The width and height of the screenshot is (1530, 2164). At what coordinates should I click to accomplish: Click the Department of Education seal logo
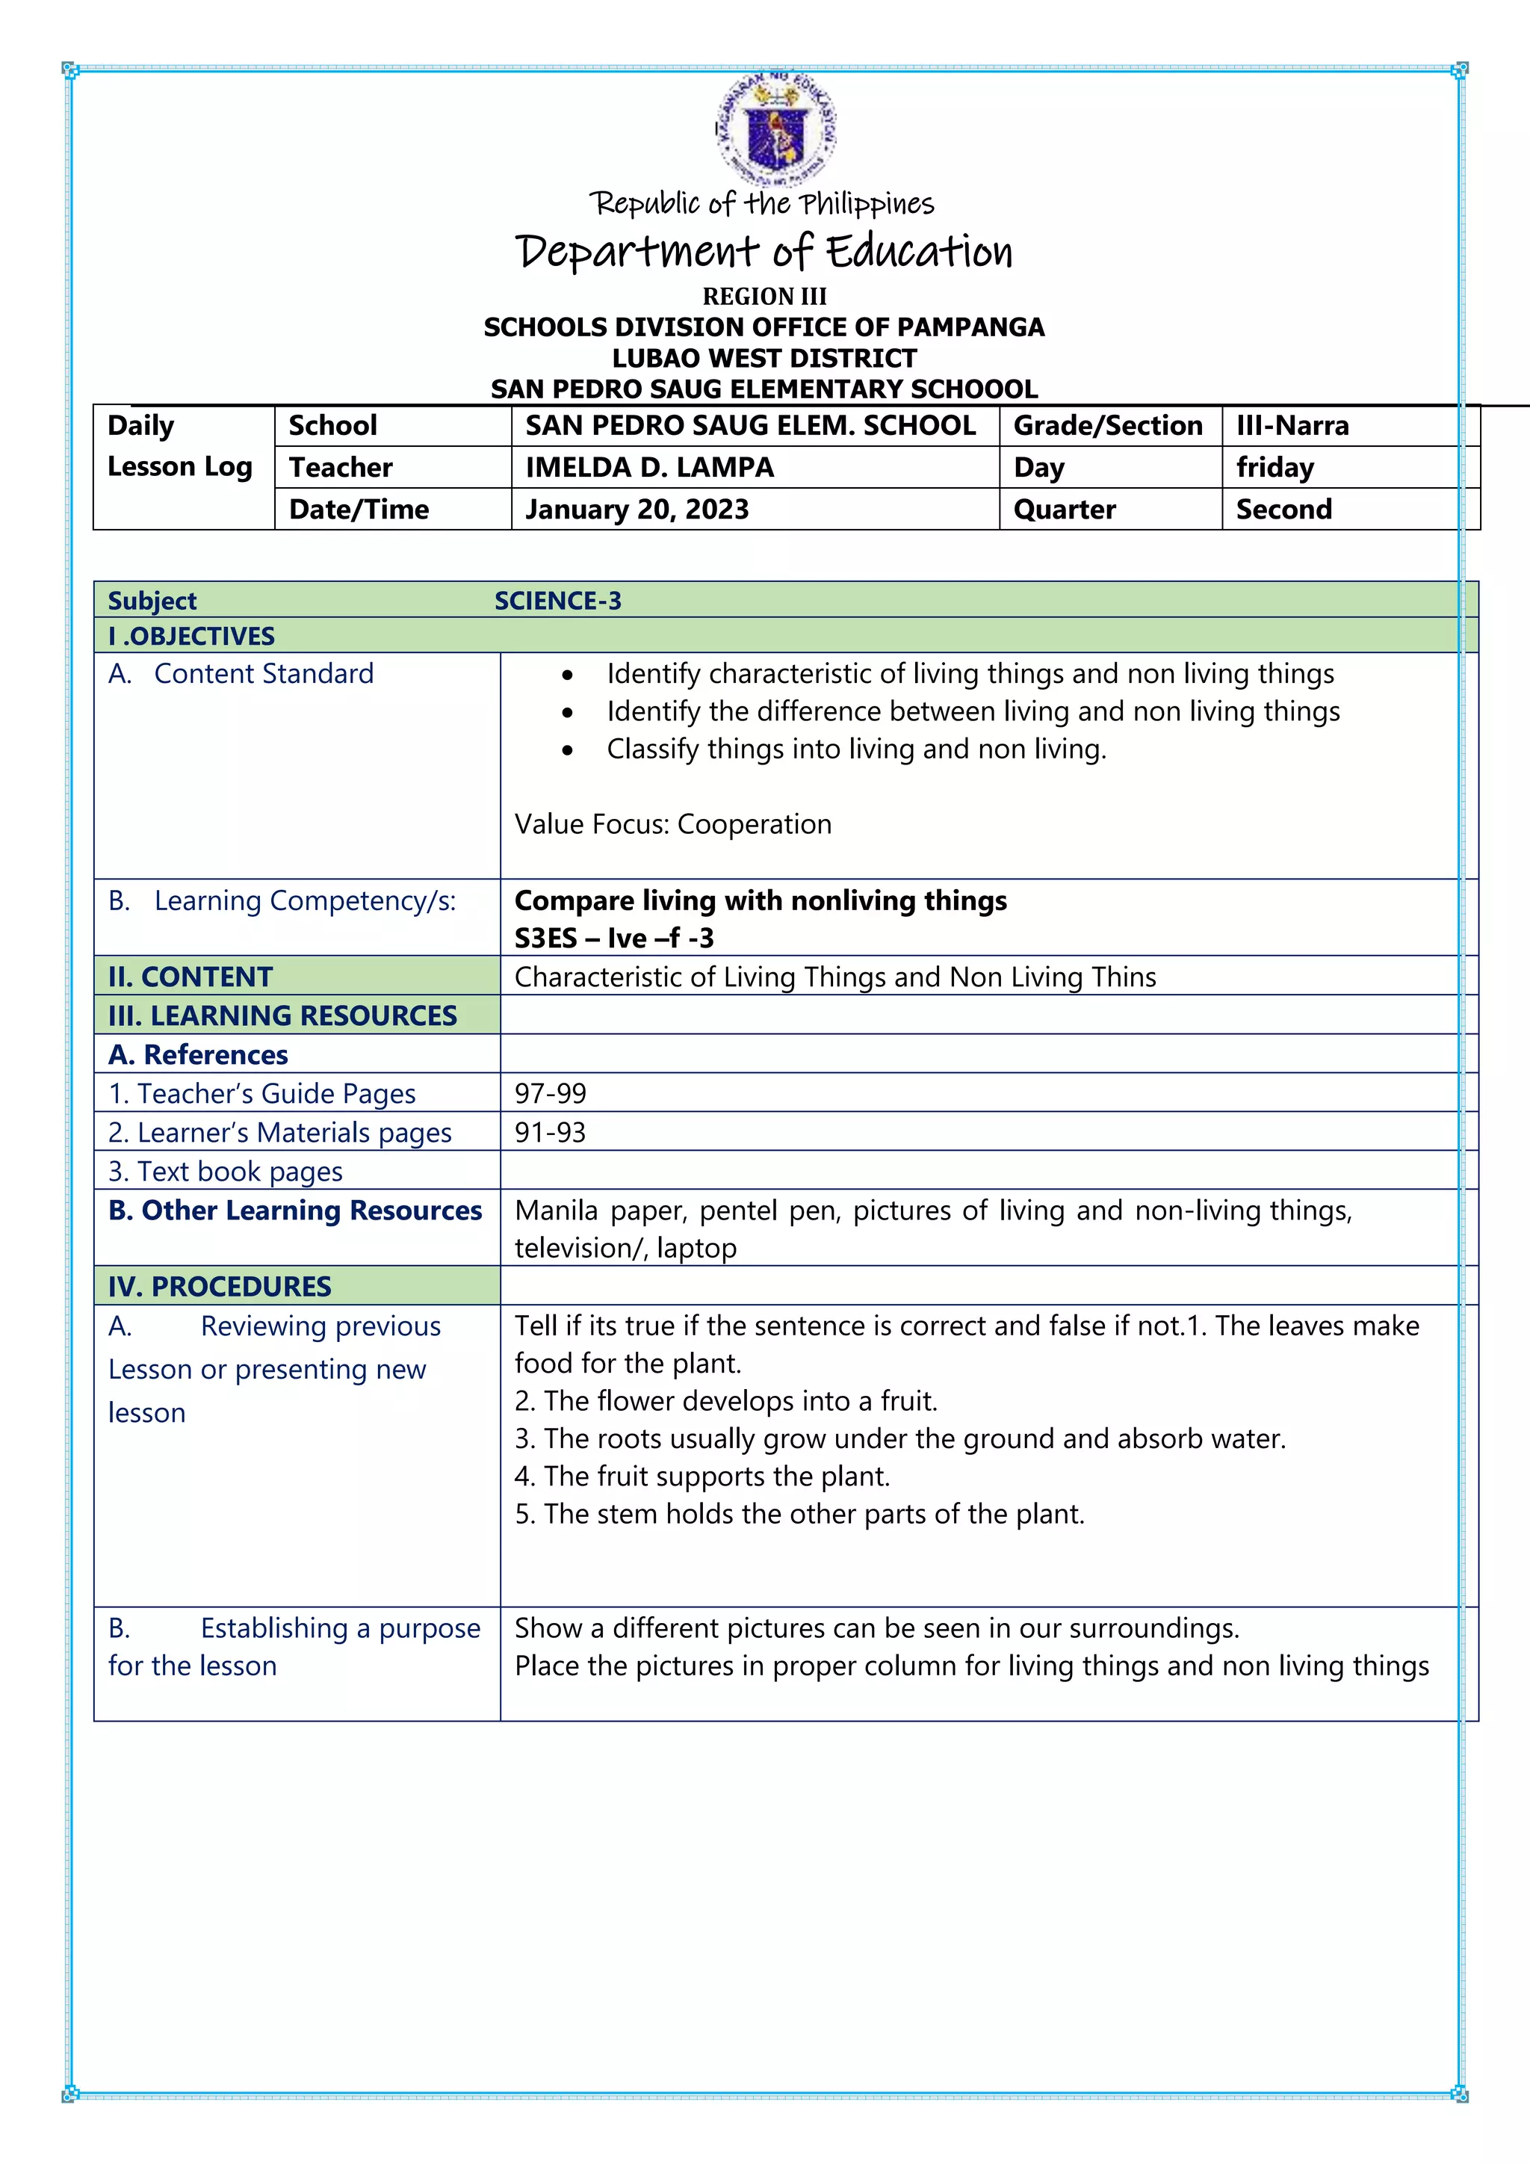click(x=775, y=129)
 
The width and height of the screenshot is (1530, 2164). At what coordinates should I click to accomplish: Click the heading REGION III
click(x=764, y=297)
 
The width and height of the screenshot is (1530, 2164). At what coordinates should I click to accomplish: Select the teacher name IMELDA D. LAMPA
click(x=649, y=468)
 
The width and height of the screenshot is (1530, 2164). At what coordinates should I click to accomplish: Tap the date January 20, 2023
click(x=637, y=509)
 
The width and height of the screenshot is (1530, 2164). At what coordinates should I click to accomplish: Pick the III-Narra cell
click(x=1292, y=426)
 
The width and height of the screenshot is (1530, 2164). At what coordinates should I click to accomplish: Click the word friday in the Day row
click(x=1275, y=468)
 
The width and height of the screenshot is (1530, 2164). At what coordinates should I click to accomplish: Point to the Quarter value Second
click(x=1283, y=509)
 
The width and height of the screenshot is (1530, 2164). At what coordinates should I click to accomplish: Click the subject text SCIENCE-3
click(x=558, y=602)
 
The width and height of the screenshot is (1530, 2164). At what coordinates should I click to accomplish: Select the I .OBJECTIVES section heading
click(x=191, y=636)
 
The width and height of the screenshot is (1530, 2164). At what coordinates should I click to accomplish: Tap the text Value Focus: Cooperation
click(x=672, y=825)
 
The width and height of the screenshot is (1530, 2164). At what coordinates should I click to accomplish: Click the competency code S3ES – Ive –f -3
click(x=613, y=939)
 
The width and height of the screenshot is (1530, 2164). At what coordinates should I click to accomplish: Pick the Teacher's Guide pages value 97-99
click(x=550, y=1093)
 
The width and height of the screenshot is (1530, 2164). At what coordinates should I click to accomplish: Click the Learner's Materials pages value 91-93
click(x=550, y=1132)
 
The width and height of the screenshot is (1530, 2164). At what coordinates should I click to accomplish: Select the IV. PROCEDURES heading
click(x=220, y=1287)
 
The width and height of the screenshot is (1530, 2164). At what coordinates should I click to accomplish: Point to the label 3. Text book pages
click(x=225, y=1172)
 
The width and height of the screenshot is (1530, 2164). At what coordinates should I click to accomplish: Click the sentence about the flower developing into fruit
click(x=725, y=1402)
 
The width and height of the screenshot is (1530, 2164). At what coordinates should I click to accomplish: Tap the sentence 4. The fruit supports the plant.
click(x=702, y=1477)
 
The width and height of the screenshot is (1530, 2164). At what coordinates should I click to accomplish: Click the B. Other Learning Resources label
click(x=295, y=1211)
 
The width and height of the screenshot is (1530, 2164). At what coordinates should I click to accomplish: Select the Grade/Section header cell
click(x=1108, y=426)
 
